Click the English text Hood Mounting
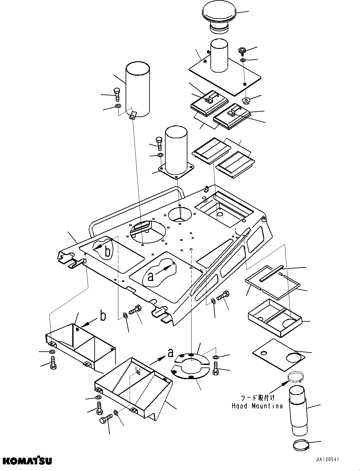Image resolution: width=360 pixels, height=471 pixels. tap(257, 406)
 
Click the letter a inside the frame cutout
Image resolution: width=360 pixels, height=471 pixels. tap(151, 277)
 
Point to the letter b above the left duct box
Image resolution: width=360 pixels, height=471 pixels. tap(103, 316)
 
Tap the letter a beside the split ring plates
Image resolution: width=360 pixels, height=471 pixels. tap(170, 352)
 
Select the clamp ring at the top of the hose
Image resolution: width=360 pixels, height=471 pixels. tap(296, 377)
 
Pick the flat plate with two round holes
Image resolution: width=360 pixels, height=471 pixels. tap(279, 355)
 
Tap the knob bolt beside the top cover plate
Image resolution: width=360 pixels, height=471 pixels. tap(242, 50)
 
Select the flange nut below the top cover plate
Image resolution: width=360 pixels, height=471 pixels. tap(246, 101)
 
